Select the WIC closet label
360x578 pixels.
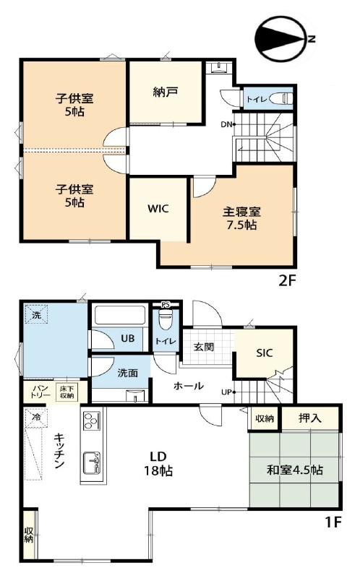point(159,209)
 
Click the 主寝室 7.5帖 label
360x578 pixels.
point(241,218)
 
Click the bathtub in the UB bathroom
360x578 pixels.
point(120,316)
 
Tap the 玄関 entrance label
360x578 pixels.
point(203,346)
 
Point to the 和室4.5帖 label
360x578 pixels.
point(294,470)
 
